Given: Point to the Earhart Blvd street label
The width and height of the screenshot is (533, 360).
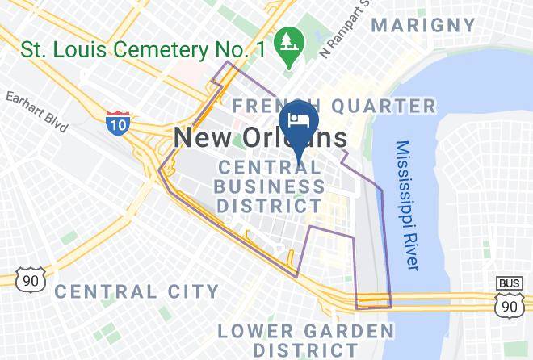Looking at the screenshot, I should (36, 111).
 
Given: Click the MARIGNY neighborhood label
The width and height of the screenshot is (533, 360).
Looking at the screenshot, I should (423, 25).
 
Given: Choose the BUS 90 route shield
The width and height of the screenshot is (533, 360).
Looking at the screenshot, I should (509, 296).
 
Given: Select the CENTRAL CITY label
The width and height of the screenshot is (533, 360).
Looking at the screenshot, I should (136, 291).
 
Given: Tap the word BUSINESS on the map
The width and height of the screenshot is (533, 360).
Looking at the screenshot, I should (271, 187).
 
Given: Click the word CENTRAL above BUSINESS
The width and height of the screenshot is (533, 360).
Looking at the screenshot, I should (271, 169).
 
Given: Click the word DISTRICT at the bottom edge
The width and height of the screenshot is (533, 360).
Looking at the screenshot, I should (304, 350).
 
